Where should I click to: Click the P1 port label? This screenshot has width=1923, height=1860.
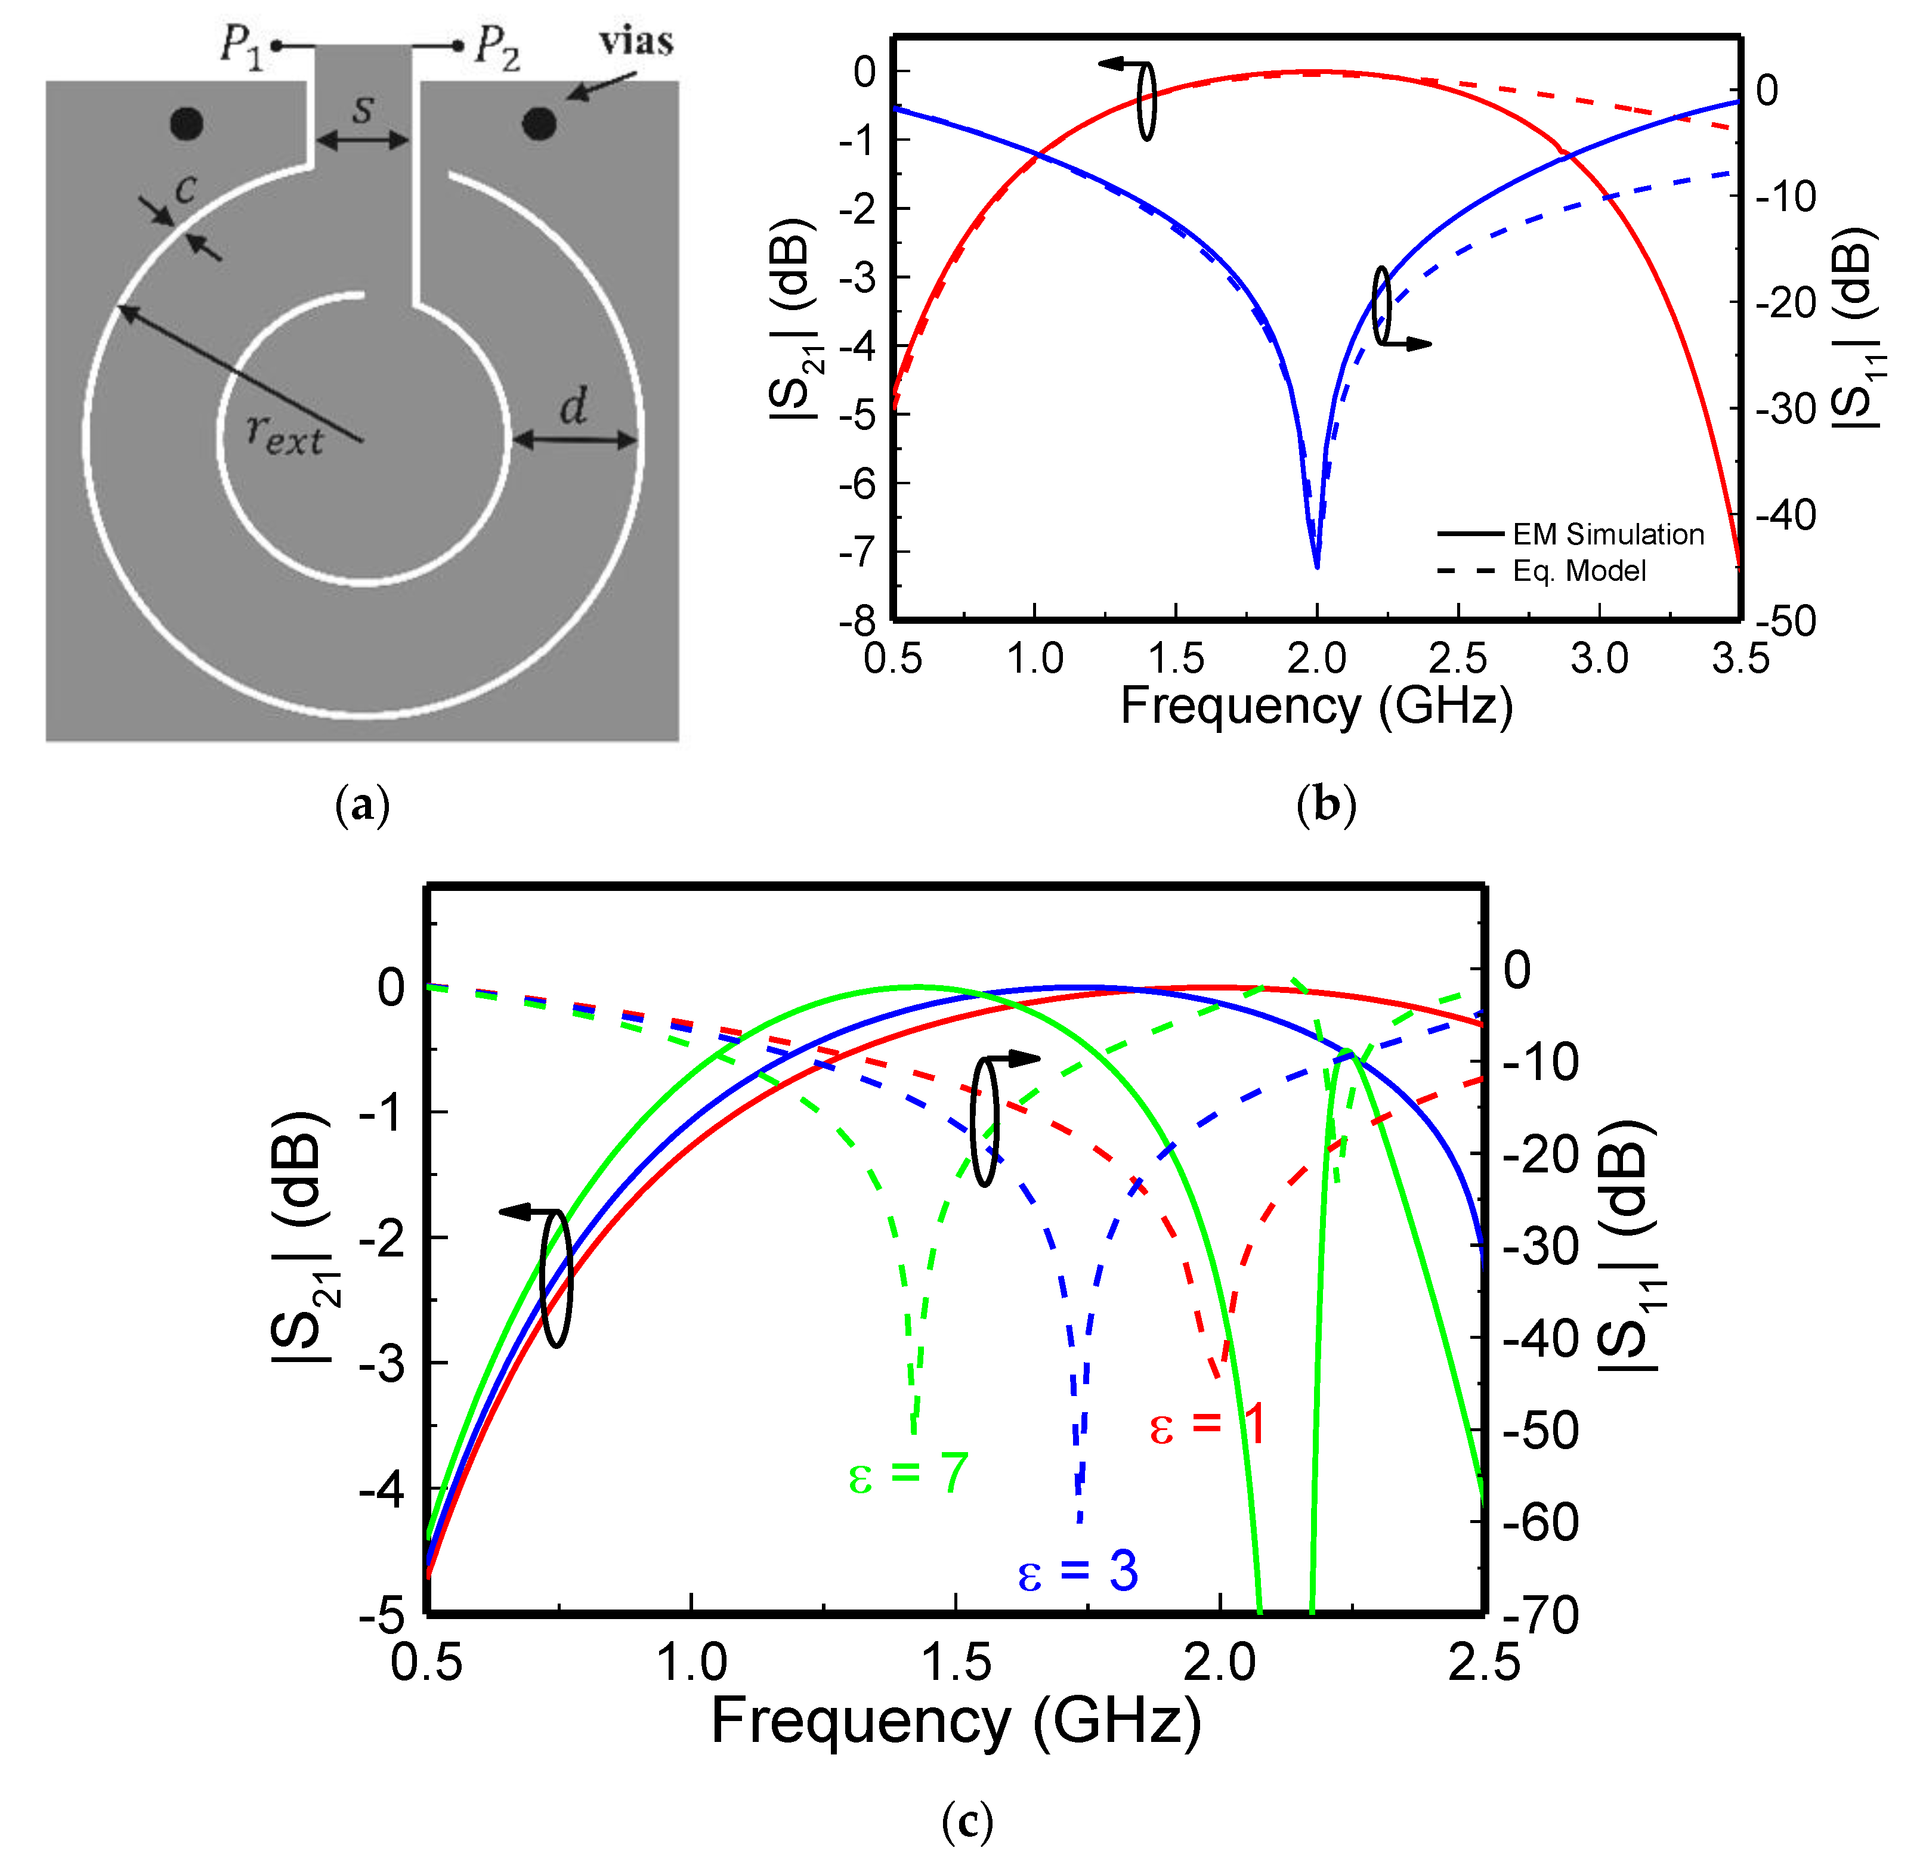coord(242,45)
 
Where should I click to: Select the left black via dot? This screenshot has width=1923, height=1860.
coord(187,123)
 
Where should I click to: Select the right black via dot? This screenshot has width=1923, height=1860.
coord(539,123)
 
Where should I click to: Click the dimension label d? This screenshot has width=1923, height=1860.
coord(574,405)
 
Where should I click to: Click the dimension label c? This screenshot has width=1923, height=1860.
coord(186,187)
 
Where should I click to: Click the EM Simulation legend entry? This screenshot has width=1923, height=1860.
coord(1607,535)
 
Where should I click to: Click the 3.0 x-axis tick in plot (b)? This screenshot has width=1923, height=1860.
coord(1599,658)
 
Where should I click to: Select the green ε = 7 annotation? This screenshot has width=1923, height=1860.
coord(908,1474)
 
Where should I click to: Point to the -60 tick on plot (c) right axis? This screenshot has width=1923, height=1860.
coord(1540,1522)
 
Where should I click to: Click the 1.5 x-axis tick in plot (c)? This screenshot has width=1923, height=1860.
coord(956,1663)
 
